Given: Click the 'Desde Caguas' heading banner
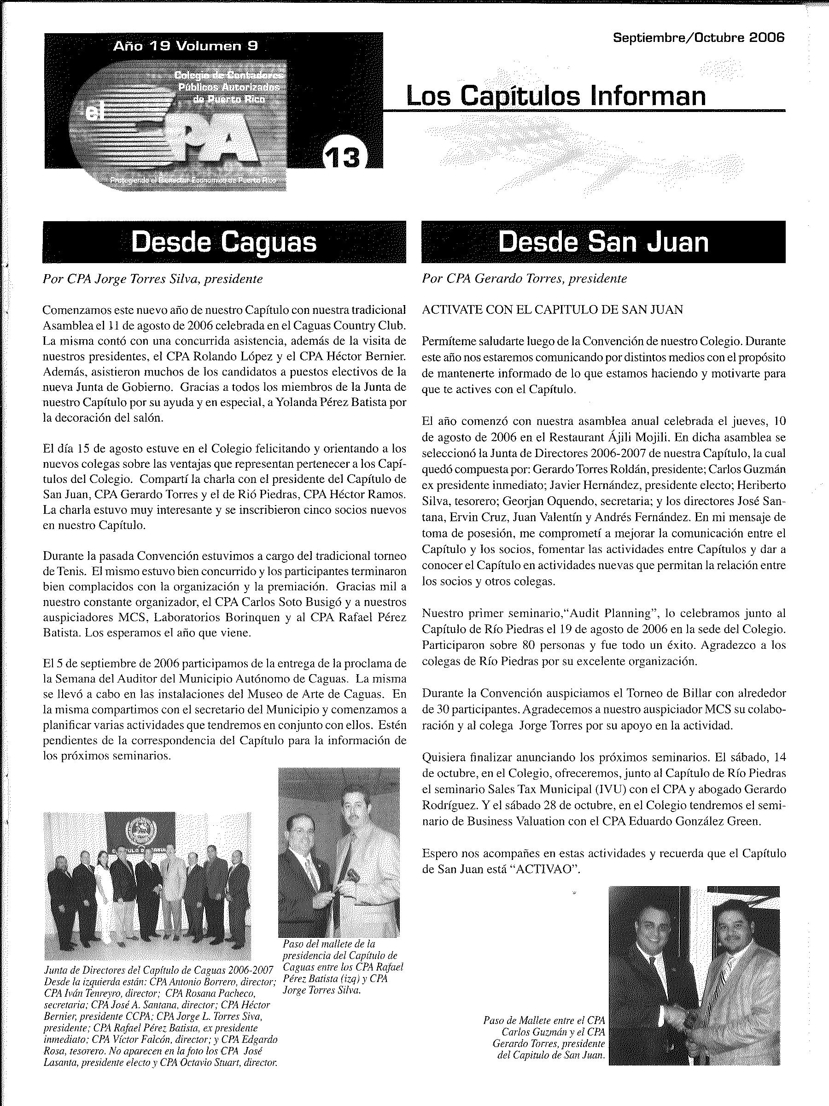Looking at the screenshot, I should [224, 242].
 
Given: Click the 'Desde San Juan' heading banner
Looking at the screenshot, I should [603, 242].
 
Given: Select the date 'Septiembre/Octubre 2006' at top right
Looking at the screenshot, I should [699, 37].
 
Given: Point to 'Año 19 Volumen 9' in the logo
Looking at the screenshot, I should [186, 47].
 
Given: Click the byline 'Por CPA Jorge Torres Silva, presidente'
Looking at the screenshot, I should [152, 279].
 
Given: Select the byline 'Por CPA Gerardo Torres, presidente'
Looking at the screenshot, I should [524, 279].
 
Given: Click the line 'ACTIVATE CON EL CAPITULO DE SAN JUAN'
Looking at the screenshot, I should [552, 310].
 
